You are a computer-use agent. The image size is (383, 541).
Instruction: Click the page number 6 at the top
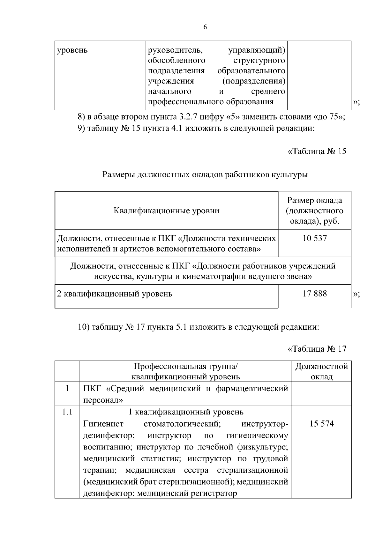click(x=205, y=27)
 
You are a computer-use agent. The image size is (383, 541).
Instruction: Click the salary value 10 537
click(x=314, y=238)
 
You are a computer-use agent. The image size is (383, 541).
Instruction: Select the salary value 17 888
click(x=314, y=293)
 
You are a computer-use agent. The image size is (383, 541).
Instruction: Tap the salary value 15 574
click(x=321, y=424)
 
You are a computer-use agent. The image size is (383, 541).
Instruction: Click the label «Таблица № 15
click(x=317, y=151)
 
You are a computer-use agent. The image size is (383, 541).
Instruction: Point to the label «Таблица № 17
click(x=317, y=349)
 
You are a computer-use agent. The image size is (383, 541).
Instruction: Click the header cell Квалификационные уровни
click(x=166, y=211)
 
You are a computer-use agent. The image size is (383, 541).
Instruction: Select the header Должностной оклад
click(x=321, y=371)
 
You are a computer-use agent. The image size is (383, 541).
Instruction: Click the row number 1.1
click(x=67, y=412)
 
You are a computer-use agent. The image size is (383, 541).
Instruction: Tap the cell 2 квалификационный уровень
click(x=115, y=294)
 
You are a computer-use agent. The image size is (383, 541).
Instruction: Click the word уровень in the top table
click(x=72, y=50)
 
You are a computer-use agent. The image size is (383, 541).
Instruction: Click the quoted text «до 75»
click(x=328, y=117)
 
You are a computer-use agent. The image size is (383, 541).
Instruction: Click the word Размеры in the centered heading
click(x=118, y=175)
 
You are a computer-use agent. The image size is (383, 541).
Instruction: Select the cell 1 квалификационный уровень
click(x=185, y=412)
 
